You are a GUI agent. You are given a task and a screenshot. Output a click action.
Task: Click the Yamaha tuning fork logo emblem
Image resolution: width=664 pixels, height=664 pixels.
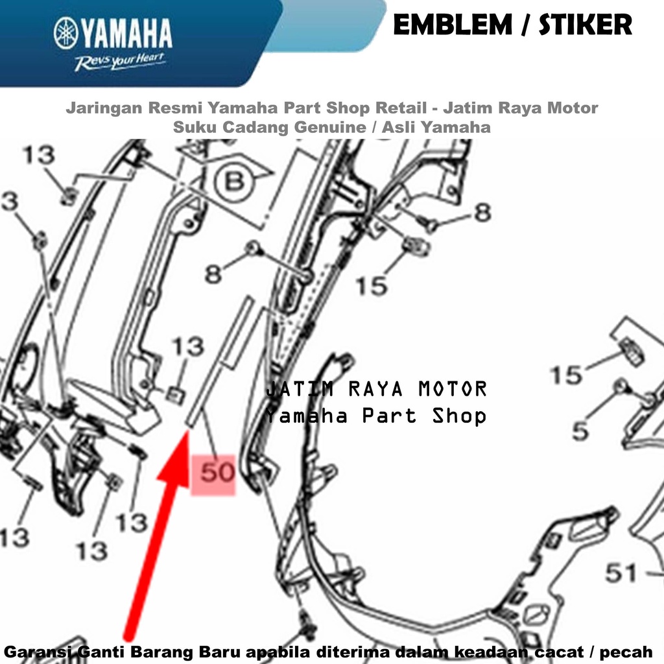(x=66, y=33)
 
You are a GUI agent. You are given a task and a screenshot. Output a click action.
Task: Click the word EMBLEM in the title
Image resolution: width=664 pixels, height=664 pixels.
(x=453, y=25)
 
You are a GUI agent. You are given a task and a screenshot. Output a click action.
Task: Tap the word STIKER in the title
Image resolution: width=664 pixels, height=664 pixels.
(x=586, y=25)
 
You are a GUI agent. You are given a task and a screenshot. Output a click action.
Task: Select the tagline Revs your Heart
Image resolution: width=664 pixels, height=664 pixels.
(x=120, y=62)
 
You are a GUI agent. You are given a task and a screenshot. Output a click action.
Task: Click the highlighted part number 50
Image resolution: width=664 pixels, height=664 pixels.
(x=217, y=472)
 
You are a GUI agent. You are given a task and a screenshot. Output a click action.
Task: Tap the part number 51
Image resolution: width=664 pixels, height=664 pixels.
(x=621, y=573)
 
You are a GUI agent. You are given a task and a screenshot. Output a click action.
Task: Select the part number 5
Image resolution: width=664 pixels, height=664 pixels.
(x=580, y=431)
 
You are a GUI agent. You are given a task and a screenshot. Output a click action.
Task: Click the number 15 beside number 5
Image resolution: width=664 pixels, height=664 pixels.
(x=566, y=375)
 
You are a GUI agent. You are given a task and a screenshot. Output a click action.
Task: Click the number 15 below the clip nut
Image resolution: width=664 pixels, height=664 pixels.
(x=372, y=286)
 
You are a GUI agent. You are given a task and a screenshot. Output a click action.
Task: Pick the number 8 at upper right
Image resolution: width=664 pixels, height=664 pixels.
(x=482, y=212)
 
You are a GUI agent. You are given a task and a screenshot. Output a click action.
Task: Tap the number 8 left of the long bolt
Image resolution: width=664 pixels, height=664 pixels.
(x=213, y=274)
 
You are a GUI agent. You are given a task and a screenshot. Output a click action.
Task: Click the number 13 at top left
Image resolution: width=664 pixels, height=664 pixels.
(x=38, y=154)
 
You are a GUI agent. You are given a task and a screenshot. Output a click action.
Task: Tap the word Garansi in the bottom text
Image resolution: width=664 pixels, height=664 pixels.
(x=39, y=652)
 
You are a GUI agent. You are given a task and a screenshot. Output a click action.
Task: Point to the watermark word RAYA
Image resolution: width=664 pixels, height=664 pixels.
(x=375, y=389)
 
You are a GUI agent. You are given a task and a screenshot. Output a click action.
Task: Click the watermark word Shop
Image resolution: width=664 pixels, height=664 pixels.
(x=459, y=416)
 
